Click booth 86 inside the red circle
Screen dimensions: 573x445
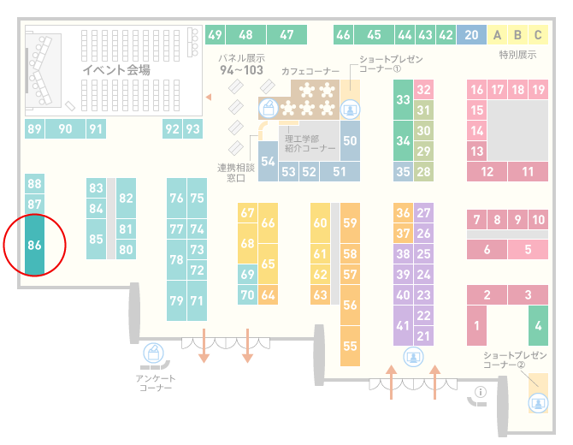[x=34, y=245]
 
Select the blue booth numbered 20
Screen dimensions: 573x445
[x=471, y=35]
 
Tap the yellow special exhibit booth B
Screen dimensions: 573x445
[x=517, y=35]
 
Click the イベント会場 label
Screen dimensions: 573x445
[x=116, y=69]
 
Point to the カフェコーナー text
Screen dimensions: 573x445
[x=310, y=71]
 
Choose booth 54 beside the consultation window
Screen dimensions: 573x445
[x=268, y=161]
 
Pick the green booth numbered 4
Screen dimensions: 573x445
[x=538, y=325]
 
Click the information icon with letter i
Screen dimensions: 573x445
[x=480, y=392]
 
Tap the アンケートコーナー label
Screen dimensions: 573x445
[x=156, y=383]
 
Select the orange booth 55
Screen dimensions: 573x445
[x=350, y=346]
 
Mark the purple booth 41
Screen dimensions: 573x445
[x=403, y=325]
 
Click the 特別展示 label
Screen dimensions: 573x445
[x=517, y=55]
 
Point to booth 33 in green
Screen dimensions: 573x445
[x=403, y=99]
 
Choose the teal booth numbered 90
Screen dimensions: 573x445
[x=65, y=128]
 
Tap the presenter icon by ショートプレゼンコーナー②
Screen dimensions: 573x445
[x=538, y=403]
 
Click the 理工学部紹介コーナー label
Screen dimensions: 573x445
[x=310, y=143]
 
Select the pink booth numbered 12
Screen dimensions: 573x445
[x=487, y=171]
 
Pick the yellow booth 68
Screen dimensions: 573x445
[x=247, y=243]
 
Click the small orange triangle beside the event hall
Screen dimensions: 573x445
[x=209, y=97]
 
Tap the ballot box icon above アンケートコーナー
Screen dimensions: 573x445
[x=153, y=353]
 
